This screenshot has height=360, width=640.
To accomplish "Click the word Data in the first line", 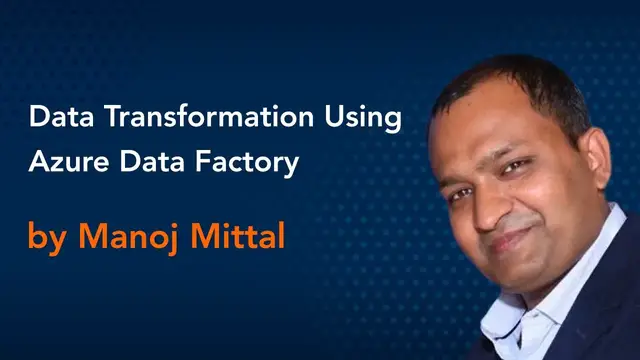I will [x=56, y=118].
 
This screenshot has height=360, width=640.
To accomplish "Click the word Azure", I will [x=64, y=162].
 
